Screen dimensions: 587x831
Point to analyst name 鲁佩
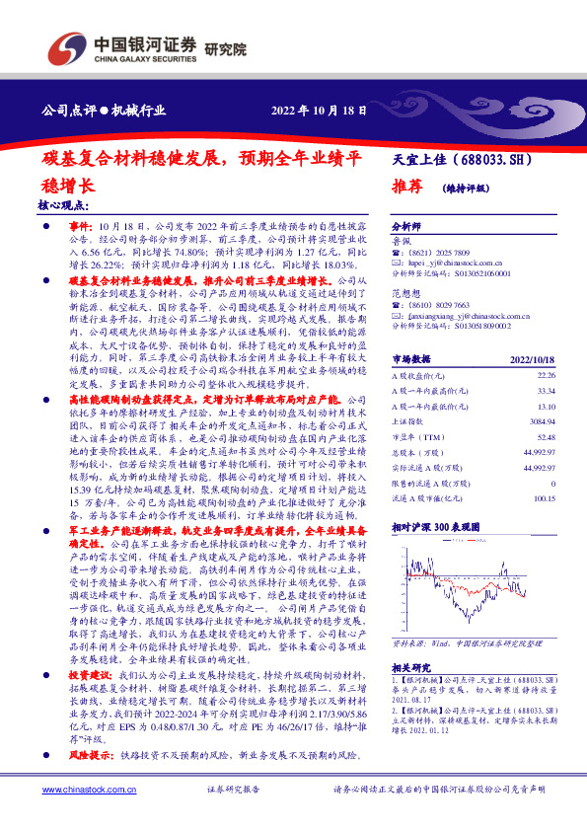tap(402, 240)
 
